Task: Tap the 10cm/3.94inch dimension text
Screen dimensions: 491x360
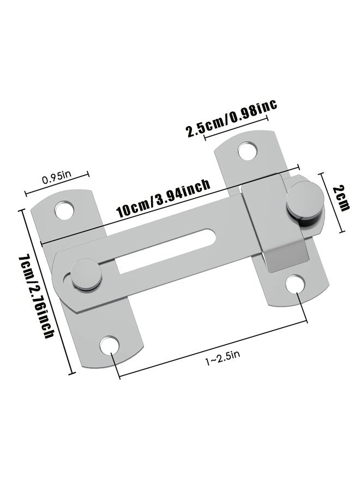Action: (x=163, y=200)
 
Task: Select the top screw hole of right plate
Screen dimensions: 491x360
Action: (x=248, y=149)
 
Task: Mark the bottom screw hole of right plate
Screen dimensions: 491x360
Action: (x=296, y=283)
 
